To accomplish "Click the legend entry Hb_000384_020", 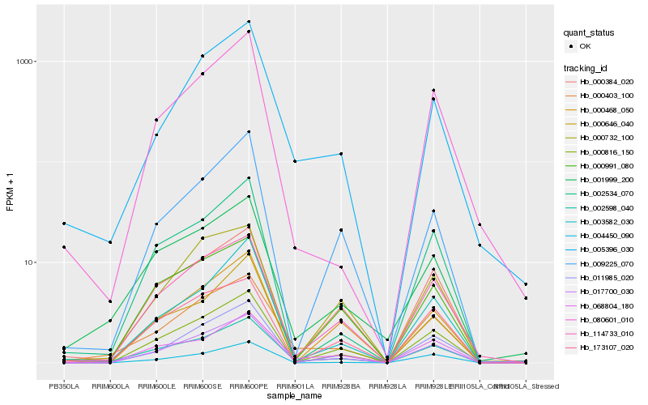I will click(x=600, y=82).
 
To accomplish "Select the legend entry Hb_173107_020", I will click(x=600, y=347).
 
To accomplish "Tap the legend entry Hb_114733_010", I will click(x=600, y=333).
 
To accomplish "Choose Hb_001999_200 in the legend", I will click(x=600, y=179).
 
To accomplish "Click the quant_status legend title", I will click(x=590, y=32).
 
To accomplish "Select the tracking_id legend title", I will click(x=587, y=67).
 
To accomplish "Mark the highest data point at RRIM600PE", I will click(x=249, y=21).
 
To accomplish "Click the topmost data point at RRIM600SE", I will click(x=202, y=56).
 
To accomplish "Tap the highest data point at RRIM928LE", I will click(x=433, y=90).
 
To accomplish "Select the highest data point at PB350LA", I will click(x=64, y=224).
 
